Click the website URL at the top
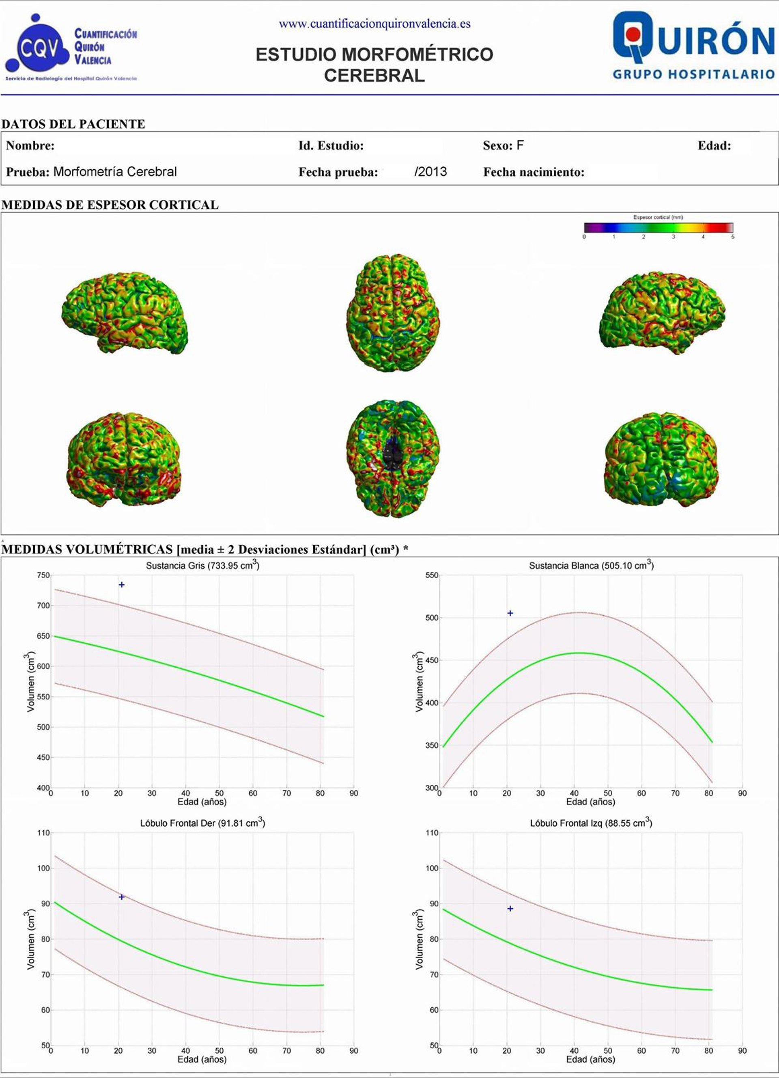[x=374, y=24]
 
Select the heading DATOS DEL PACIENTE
[x=73, y=124]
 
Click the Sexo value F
[x=520, y=145]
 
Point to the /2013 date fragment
[x=430, y=172]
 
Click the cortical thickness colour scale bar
[x=658, y=227]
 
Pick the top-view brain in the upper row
[x=393, y=312]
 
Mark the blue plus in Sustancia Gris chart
[x=122, y=585]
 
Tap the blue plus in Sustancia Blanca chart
[x=510, y=613]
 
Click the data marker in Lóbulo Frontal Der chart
[x=122, y=897]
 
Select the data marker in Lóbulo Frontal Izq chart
[x=510, y=908]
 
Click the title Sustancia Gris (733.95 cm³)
[x=203, y=565]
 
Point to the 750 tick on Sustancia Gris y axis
[x=43, y=575]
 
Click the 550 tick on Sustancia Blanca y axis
[x=432, y=575]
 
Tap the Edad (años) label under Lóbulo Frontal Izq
[x=590, y=1059]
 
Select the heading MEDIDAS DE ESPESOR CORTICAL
[x=110, y=205]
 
